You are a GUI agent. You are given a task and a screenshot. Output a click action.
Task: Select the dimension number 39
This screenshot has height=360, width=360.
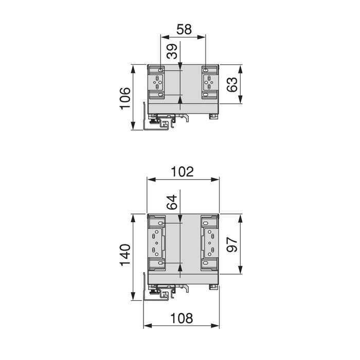[173, 51]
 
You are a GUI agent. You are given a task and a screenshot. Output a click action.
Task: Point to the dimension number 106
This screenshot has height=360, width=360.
[125, 98]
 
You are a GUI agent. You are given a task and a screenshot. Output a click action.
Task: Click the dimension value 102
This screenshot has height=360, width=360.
[183, 172]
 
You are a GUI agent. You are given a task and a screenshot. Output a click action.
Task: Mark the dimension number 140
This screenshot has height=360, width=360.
[125, 256]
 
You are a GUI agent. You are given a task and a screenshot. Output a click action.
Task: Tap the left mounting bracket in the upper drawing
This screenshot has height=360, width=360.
[157, 82]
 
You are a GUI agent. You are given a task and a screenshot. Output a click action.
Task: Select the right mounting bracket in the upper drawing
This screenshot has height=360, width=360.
[209, 82]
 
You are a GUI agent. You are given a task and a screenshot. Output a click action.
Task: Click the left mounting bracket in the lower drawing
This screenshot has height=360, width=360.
[157, 242]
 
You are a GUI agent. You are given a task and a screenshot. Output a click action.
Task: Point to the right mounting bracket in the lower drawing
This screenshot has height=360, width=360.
[209, 242]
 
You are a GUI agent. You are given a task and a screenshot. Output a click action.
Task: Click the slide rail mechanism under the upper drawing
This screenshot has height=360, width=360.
[160, 121]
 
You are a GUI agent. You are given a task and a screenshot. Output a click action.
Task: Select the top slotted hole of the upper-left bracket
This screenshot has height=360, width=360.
[161, 70]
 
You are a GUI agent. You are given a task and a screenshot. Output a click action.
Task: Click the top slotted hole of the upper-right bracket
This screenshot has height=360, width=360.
[206, 70]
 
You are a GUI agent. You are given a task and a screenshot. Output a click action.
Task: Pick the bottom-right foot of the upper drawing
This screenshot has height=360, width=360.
[212, 116]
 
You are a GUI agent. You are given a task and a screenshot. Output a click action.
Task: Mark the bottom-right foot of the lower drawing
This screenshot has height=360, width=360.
[212, 287]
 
